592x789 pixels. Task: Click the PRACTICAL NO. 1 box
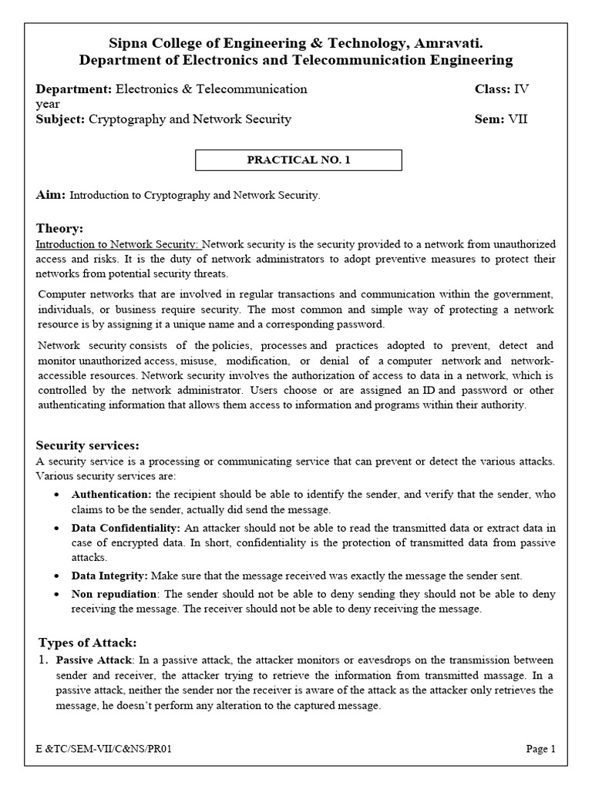pyautogui.click(x=298, y=160)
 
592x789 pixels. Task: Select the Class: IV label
pyautogui.click(x=502, y=89)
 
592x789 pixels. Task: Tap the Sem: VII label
pyautogui.click(x=501, y=119)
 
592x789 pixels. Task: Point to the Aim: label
pyautogui.click(x=51, y=196)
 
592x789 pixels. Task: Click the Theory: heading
pyautogui.click(x=60, y=228)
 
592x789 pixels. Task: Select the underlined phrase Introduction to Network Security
pyautogui.click(x=118, y=244)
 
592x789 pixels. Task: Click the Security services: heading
pyautogui.click(x=88, y=445)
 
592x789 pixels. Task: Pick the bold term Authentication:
pyautogui.click(x=112, y=494)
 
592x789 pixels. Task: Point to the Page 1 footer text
pyautogui.click(x=540, y=749)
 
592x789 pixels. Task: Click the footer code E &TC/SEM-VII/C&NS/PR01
pyautogui.click(x=99, y=749)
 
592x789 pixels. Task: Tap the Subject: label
pyautogui.click(x=61, y=119)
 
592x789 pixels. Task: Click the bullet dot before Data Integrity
pyautogui.click(x=59, y=576)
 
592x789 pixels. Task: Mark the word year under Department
pyautogui.click(x=48, y=104)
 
